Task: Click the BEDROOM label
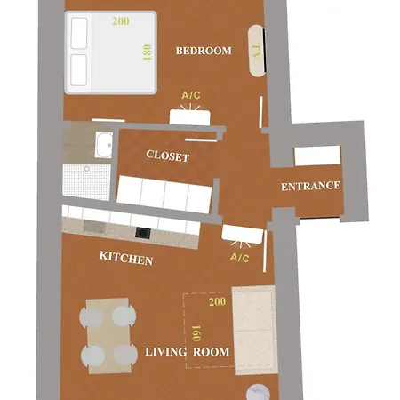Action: [204, 51]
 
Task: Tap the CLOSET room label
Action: [168, 156]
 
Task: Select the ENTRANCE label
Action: [310, 187]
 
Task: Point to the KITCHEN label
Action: [126, 259]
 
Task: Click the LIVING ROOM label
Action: [188, 352]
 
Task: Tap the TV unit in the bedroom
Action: [256, 51]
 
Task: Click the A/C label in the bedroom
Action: [191, 95]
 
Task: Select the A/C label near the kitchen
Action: [240, 258]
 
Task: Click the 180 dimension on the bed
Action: [148, 52]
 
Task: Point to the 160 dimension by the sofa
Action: [196, 333]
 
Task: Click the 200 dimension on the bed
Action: [121, 21]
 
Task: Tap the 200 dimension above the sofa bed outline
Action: [217, 302]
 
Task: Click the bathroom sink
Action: [104, 145]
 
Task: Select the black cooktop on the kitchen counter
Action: [142, 233]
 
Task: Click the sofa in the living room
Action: [255, 330]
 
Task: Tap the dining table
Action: [108, 336]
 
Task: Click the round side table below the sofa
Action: [258, 394]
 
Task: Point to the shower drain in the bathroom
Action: [86, 169]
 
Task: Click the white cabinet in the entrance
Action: [317, 156]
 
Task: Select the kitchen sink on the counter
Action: [94, 227]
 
